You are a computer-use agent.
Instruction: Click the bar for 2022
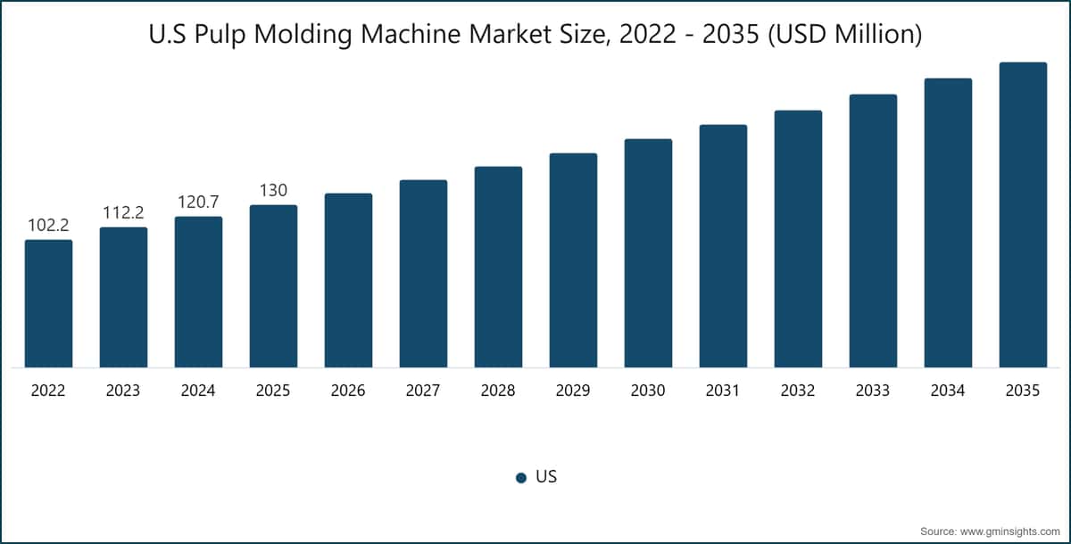coord(49,304)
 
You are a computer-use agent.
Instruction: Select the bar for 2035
coord(1023,215)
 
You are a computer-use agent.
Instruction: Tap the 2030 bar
coord(648,253)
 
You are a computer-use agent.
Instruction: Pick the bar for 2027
coord(424,274)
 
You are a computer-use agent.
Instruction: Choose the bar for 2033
coord(873,231)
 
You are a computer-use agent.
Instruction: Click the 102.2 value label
coord(48,225)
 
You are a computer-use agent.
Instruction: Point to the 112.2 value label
coord(123,212)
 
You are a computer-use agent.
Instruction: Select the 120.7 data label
coord(198,202)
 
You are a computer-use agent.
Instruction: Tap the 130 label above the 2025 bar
coord(273,191)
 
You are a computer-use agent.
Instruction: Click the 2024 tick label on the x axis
coord(198,391)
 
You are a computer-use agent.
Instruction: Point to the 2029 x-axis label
coord(573,391)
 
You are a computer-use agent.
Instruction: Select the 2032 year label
coord(798,391)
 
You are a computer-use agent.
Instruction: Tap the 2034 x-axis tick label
coord(948,391)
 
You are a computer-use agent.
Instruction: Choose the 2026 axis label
coord(348,391)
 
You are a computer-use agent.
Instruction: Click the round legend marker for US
coord(521,478)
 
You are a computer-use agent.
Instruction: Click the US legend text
coord(546,476)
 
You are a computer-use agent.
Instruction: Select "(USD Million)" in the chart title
coord(845,35)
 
